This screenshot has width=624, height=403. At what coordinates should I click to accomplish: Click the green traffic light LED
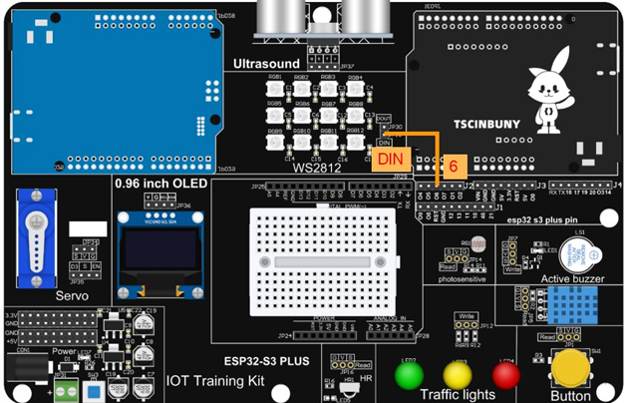[x=410, y=375]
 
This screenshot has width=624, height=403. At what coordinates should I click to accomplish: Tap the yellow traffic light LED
[x=458, y=375]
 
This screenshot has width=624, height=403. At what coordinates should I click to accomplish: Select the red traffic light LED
[x=505, y=375]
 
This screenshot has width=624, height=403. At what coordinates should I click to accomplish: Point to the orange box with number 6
[x=453, y=168]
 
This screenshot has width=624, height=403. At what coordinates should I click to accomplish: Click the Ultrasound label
[x=266, y=64]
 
